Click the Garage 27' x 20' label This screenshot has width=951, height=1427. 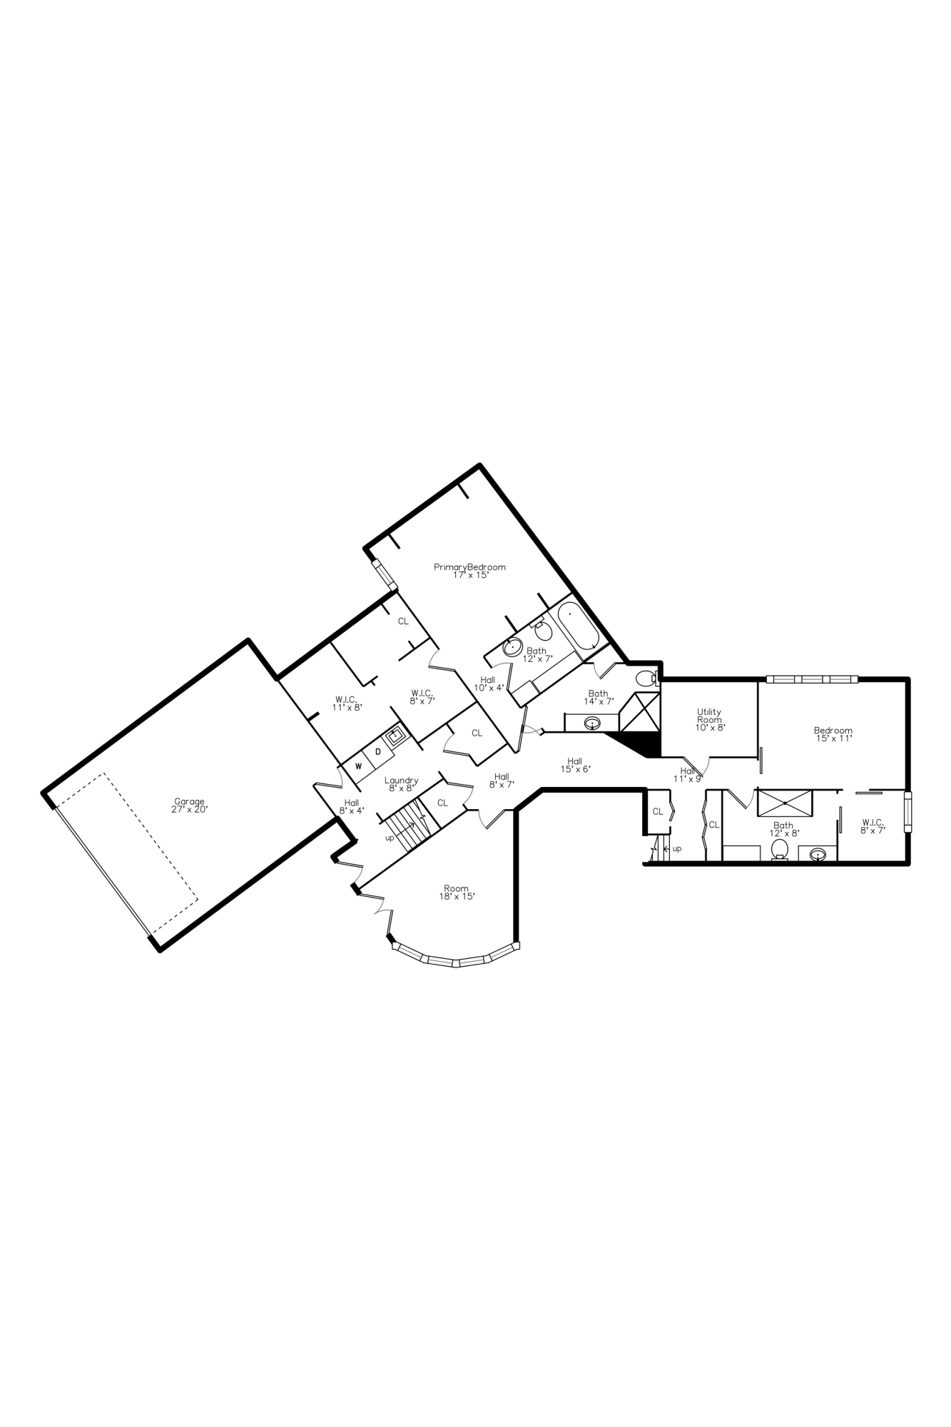(189, 806)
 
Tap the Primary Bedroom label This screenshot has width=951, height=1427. (470, 571)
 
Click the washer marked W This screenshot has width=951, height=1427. (359, 766)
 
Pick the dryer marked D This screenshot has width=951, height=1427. (379, 752)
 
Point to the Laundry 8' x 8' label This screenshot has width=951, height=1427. (401, 784)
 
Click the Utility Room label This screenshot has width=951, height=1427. (709, 720)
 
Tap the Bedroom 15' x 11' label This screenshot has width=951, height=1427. (833, 734)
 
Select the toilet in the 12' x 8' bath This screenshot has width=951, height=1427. (780, 848)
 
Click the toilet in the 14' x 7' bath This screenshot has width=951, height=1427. (646, 677)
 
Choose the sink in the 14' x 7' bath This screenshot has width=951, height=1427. (591, 723)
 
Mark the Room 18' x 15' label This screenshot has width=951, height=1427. (457, 893)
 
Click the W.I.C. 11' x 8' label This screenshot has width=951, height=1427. (347, 704)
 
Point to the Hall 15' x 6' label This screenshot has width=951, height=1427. (575, 765)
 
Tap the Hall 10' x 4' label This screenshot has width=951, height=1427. (489, 684)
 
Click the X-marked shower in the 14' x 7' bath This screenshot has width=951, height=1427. (639, 711)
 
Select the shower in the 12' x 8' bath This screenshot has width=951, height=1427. (784, 803)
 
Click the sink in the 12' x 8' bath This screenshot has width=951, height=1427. (818, 853)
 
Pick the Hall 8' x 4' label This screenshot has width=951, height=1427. (352, 806)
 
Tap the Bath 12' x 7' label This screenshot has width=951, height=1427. (537, 654)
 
